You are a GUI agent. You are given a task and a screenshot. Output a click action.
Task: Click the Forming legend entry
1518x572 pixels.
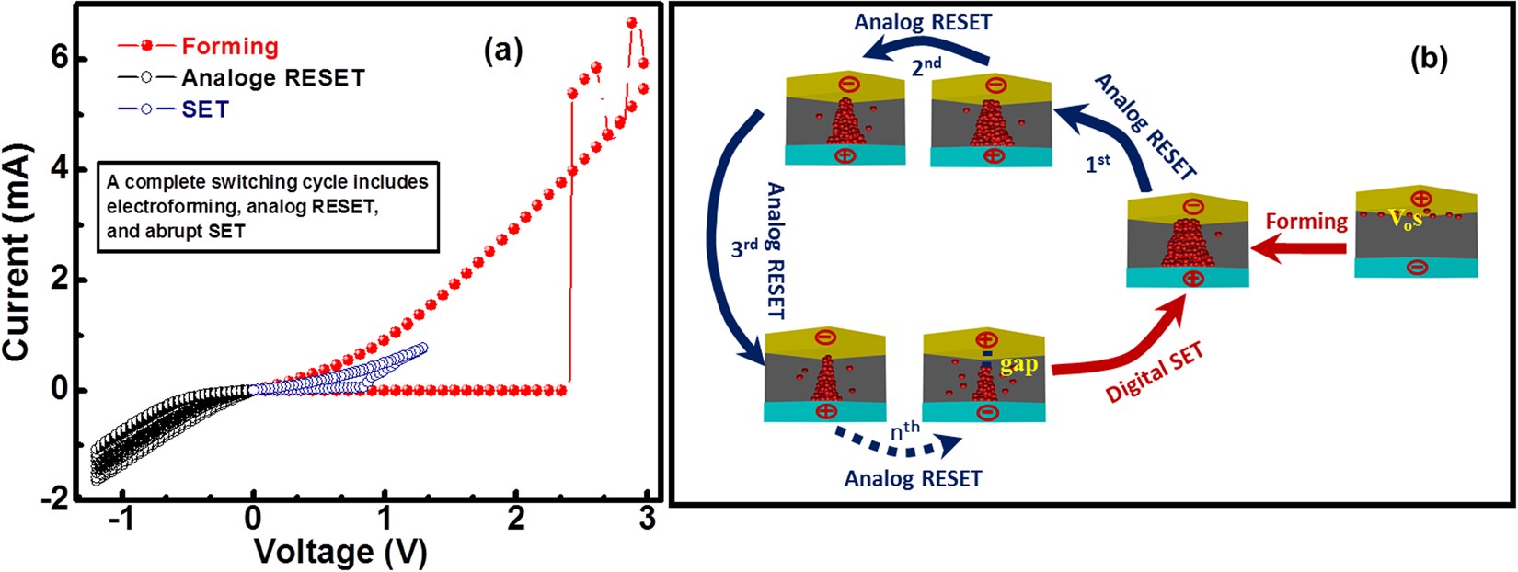coord(229,46)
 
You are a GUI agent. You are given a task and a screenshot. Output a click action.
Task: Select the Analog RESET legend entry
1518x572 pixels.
coord(272,77)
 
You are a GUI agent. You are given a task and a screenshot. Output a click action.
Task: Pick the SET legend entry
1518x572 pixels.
coord(204,109)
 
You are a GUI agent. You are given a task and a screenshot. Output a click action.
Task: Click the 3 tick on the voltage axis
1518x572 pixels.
coord(647,519)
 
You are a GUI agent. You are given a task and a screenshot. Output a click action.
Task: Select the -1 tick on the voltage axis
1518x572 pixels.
coord(122,519)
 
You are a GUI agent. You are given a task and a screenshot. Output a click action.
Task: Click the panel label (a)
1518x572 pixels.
coord(503,52)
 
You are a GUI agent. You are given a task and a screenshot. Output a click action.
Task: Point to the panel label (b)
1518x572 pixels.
coord(1429,59)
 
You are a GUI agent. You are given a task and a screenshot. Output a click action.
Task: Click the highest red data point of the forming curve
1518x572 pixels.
coord(631,22)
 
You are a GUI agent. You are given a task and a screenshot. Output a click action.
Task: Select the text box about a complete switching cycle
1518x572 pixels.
coord(267,206)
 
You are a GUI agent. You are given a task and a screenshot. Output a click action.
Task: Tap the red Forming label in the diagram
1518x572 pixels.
coord(1305,222)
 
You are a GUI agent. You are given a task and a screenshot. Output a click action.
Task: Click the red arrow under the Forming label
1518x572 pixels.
coord(1305,248)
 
